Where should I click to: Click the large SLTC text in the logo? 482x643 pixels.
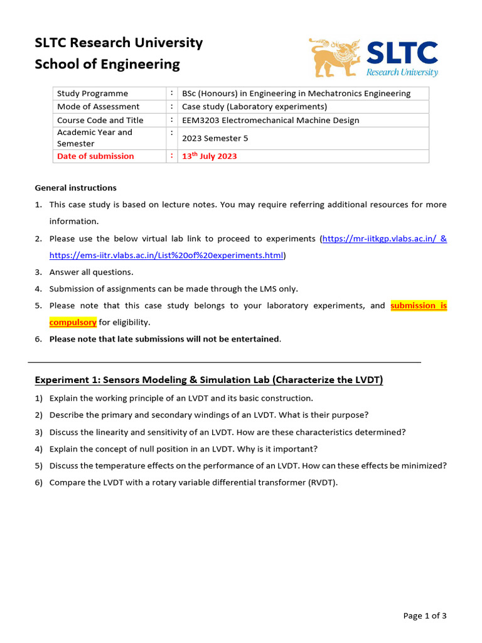(x=402, y=53)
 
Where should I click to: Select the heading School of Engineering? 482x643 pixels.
(x=107, y=64)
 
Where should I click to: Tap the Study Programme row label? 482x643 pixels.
(x=92, y=94)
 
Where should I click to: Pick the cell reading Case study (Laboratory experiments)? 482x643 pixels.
(x=254, y=107)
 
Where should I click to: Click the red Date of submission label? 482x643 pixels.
(x=95, y=156)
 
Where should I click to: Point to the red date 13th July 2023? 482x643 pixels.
(x=209, y=156)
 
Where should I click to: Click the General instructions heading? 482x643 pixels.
(x=75, y=188)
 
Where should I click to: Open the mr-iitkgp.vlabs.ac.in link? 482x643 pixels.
(x=379, y=239)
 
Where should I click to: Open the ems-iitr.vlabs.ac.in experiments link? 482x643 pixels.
(x=166, y=256)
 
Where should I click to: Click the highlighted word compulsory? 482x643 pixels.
(x=73, y=322)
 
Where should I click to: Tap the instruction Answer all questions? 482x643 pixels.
(x=91, y=272)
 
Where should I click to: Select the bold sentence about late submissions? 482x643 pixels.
(x=164, y=339)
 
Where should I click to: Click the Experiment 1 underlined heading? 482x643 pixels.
(x=208, y=380)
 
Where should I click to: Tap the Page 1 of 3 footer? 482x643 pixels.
(x=425, y=616)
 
